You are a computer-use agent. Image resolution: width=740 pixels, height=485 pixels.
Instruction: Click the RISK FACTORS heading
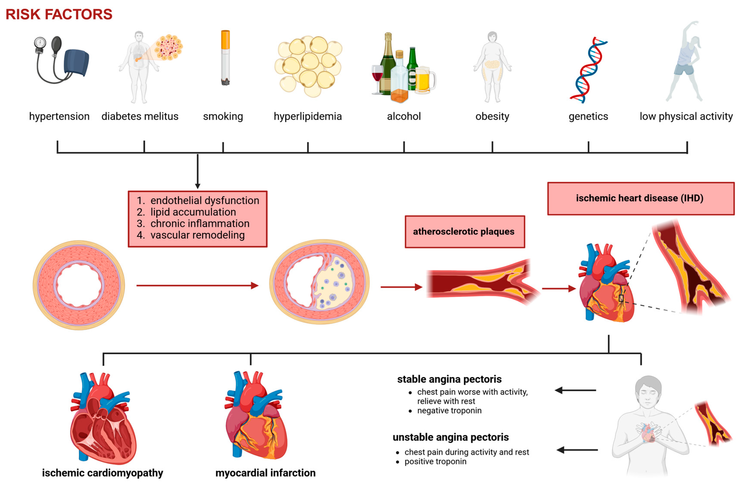pyautogui.click(x=59, y=14)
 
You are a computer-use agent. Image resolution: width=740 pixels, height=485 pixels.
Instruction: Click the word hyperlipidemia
pyautogui.click(x=308, y=116)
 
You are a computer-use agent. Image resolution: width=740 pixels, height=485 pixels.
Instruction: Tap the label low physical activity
pyautogui.click(x=686, y=116)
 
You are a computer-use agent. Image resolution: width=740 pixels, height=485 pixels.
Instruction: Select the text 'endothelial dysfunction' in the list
pyautogui.click(x=205, y=200)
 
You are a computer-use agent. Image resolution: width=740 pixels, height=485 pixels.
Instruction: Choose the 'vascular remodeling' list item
pyautogui.click(x=197, y=235)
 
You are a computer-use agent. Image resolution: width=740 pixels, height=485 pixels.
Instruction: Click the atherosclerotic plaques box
pyautogui.click(x=465, y=232)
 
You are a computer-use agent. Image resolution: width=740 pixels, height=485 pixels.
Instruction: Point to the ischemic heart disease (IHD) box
pyautogui.click(x=641, y=198)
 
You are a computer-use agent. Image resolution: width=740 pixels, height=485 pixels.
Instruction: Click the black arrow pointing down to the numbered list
pyautogui.click(x=197, y=171)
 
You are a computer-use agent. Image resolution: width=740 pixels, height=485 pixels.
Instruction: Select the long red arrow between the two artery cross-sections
pyautogui.click(x=197, y=285)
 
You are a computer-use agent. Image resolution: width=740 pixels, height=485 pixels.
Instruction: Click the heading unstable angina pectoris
pyautogui.click(x=450, y=437)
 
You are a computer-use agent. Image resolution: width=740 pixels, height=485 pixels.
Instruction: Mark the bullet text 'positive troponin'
pyautogui.click(x=435, y=461)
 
